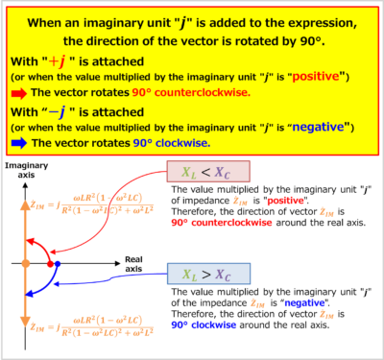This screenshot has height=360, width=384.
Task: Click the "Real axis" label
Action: tap(137, 264)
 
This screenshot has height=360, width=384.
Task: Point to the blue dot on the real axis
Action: tap(58, 262)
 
